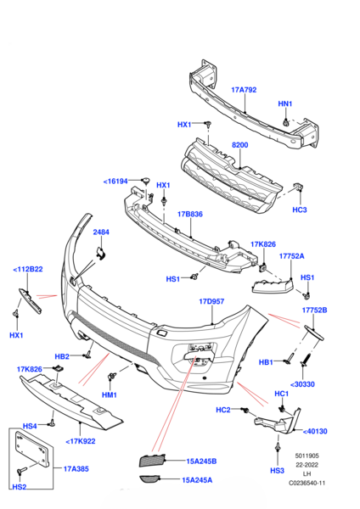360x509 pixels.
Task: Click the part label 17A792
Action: click(244, 90)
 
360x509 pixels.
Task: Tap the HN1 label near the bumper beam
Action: click(285, 103)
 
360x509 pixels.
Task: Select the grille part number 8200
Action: click(239, 145)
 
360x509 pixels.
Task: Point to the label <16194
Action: click(115, 182)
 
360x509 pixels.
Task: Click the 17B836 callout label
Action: click(189, 215)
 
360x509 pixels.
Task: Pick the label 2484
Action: click(101, 232)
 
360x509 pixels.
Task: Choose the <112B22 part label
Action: click(28, 270)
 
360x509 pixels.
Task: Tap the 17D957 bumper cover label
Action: click(211, 301)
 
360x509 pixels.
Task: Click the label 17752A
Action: click(292, 256)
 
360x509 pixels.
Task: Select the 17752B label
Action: click(314, 310)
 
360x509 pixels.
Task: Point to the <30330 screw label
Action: click(302, 384)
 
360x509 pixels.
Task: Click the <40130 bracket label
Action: click(315, 432)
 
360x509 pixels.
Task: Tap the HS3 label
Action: click(277, 471)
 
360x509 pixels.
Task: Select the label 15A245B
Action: click(201, 461)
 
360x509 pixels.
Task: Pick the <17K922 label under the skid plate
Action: click(81, 441)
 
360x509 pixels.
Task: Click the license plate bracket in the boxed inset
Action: click(32, 450)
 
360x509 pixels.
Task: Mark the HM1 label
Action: click(110, 395)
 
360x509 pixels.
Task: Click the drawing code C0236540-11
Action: click(307, 483)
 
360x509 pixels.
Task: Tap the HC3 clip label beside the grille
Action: click(299, 210)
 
